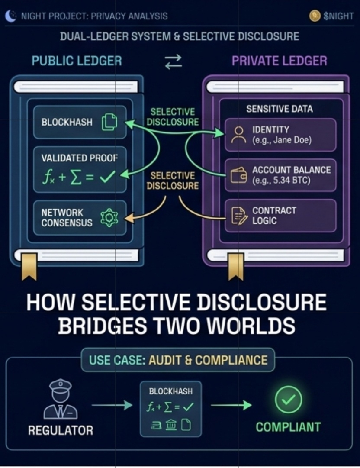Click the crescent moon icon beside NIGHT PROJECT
point(10,16)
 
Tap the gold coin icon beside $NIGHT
point(315,16)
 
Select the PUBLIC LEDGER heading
point(77,61)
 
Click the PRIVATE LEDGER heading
point(279,61)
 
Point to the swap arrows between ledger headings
point(174,61)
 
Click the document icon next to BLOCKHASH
point(109,122)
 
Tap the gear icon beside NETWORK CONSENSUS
point(109,217)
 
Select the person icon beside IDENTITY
point(238,135)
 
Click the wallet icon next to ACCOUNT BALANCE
point(238,175)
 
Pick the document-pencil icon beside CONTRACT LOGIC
point(238,216)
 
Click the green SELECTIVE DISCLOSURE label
point(173,117)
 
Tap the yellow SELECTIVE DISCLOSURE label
point(173,181)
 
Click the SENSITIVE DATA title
point(279,109)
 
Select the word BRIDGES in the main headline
point(109,326)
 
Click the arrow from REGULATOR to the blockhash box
point(112,405)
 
